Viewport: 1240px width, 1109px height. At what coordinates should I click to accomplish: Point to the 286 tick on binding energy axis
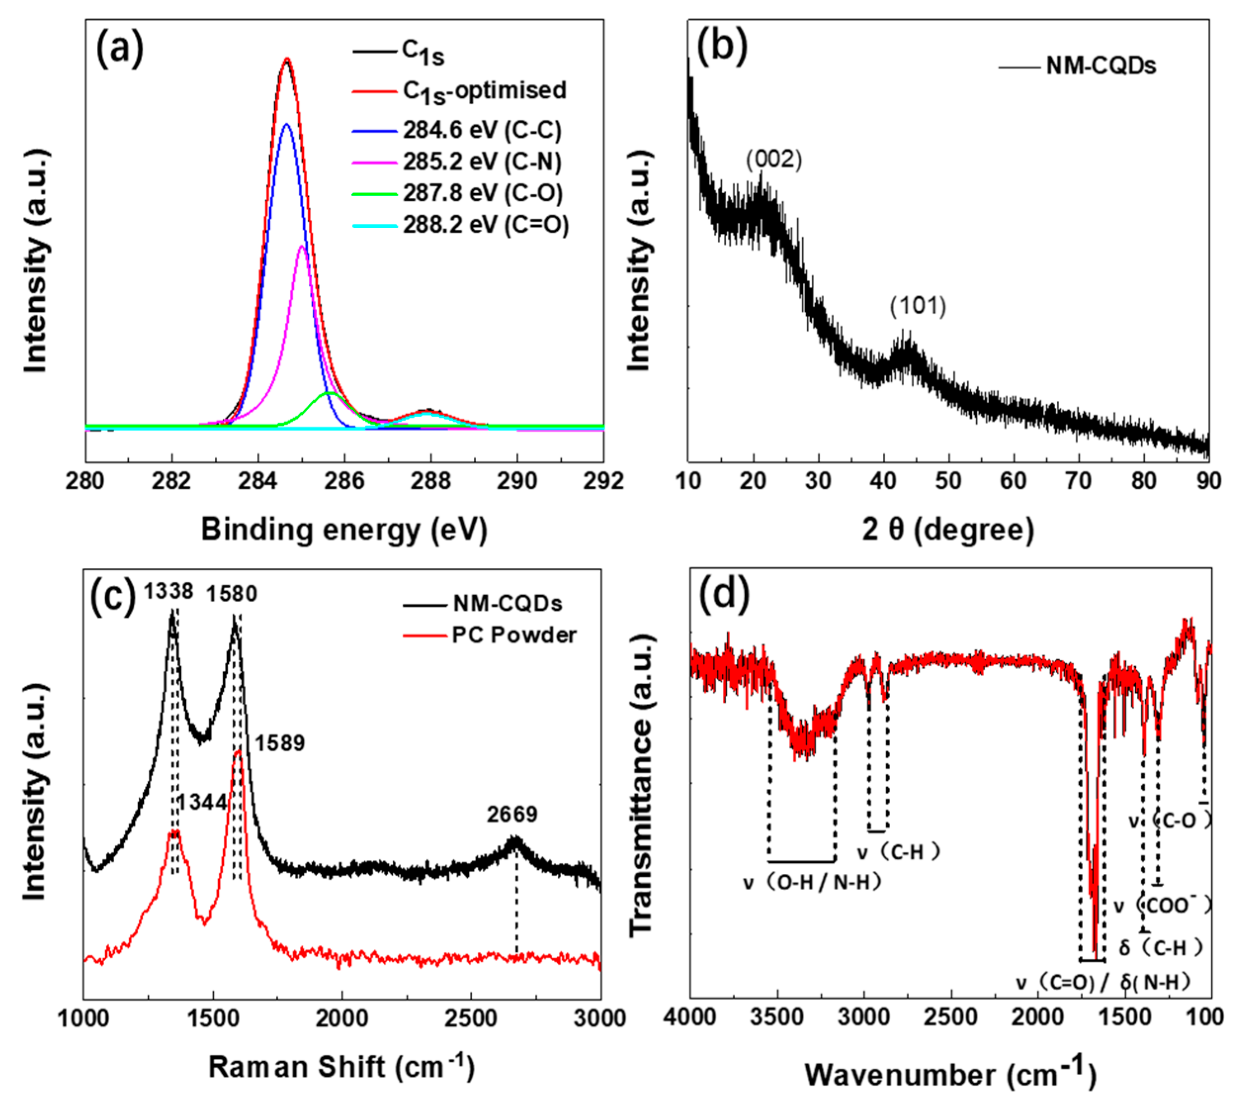click(345, 481)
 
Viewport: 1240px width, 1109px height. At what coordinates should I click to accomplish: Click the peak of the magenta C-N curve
click(301, 247)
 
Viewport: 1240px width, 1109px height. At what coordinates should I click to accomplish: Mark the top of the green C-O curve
click(329, 393)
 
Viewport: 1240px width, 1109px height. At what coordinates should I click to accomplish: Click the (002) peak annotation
click(774, 160)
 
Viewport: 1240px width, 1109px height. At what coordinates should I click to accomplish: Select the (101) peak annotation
click(917, 306)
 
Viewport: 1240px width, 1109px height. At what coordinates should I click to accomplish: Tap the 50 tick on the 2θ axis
click(948, 481)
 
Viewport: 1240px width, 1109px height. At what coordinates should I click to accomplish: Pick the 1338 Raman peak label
click(168, 591)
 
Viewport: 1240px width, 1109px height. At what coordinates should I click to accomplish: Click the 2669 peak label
click(512, 814)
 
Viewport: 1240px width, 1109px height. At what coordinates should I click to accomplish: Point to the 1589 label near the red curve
click(280, 743)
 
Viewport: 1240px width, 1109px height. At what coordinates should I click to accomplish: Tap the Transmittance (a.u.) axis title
click(641, 786)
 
